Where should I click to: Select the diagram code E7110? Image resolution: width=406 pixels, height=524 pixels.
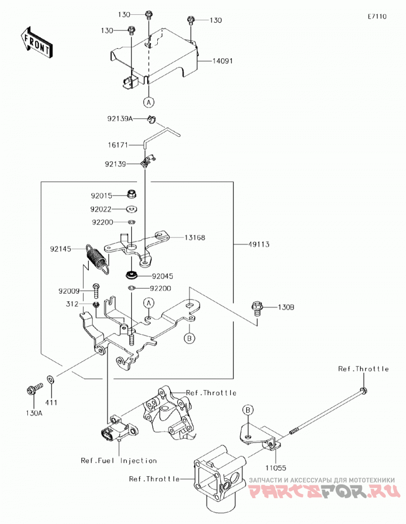click(x=377, y=16)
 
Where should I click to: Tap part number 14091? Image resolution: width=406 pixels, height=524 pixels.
click(x=222, y=61)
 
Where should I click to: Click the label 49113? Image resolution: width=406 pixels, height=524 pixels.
click(x=259, y=244)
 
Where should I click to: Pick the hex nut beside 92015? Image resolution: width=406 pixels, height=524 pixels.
click(x=132, y=194)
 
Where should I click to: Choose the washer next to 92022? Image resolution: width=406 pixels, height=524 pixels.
click(x=132, y=209)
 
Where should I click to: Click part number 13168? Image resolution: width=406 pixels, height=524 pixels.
click(x=195, y=237)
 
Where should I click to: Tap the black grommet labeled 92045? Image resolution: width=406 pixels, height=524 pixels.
click(x=132, y=276)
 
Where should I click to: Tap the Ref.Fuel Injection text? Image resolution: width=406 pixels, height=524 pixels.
click(x=119, y=461)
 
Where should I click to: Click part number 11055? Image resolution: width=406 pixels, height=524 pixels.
click(x=276, y=468)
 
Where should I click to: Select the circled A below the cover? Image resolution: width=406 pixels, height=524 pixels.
click(x=149, y=102)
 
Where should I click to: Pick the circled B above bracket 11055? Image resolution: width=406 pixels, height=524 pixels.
click(x=248, y=410)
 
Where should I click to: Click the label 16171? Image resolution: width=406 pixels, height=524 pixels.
click(x=118, y=146)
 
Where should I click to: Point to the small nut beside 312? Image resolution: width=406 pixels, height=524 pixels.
click(x=96, y=304)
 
